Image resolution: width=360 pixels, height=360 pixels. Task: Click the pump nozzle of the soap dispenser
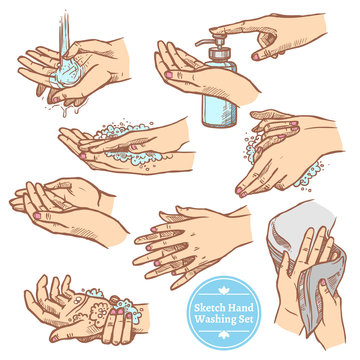206,46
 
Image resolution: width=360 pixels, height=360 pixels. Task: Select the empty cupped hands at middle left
60,205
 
